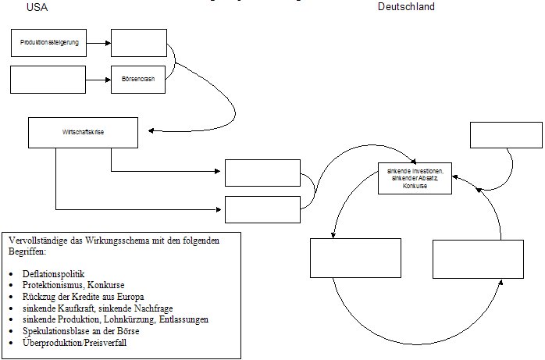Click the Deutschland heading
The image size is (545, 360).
(406, 7)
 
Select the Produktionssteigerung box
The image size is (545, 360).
(49, 43)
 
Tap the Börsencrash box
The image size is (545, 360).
(138, 80)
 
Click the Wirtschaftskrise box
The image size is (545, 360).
(84, 133)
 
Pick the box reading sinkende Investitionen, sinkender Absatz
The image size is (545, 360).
(414, 178)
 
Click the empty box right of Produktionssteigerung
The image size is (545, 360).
(138, 43)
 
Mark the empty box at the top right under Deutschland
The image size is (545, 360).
(506, 134)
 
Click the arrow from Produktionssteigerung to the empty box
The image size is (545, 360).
(98, 43)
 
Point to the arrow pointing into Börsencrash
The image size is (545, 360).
(98, 80)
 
